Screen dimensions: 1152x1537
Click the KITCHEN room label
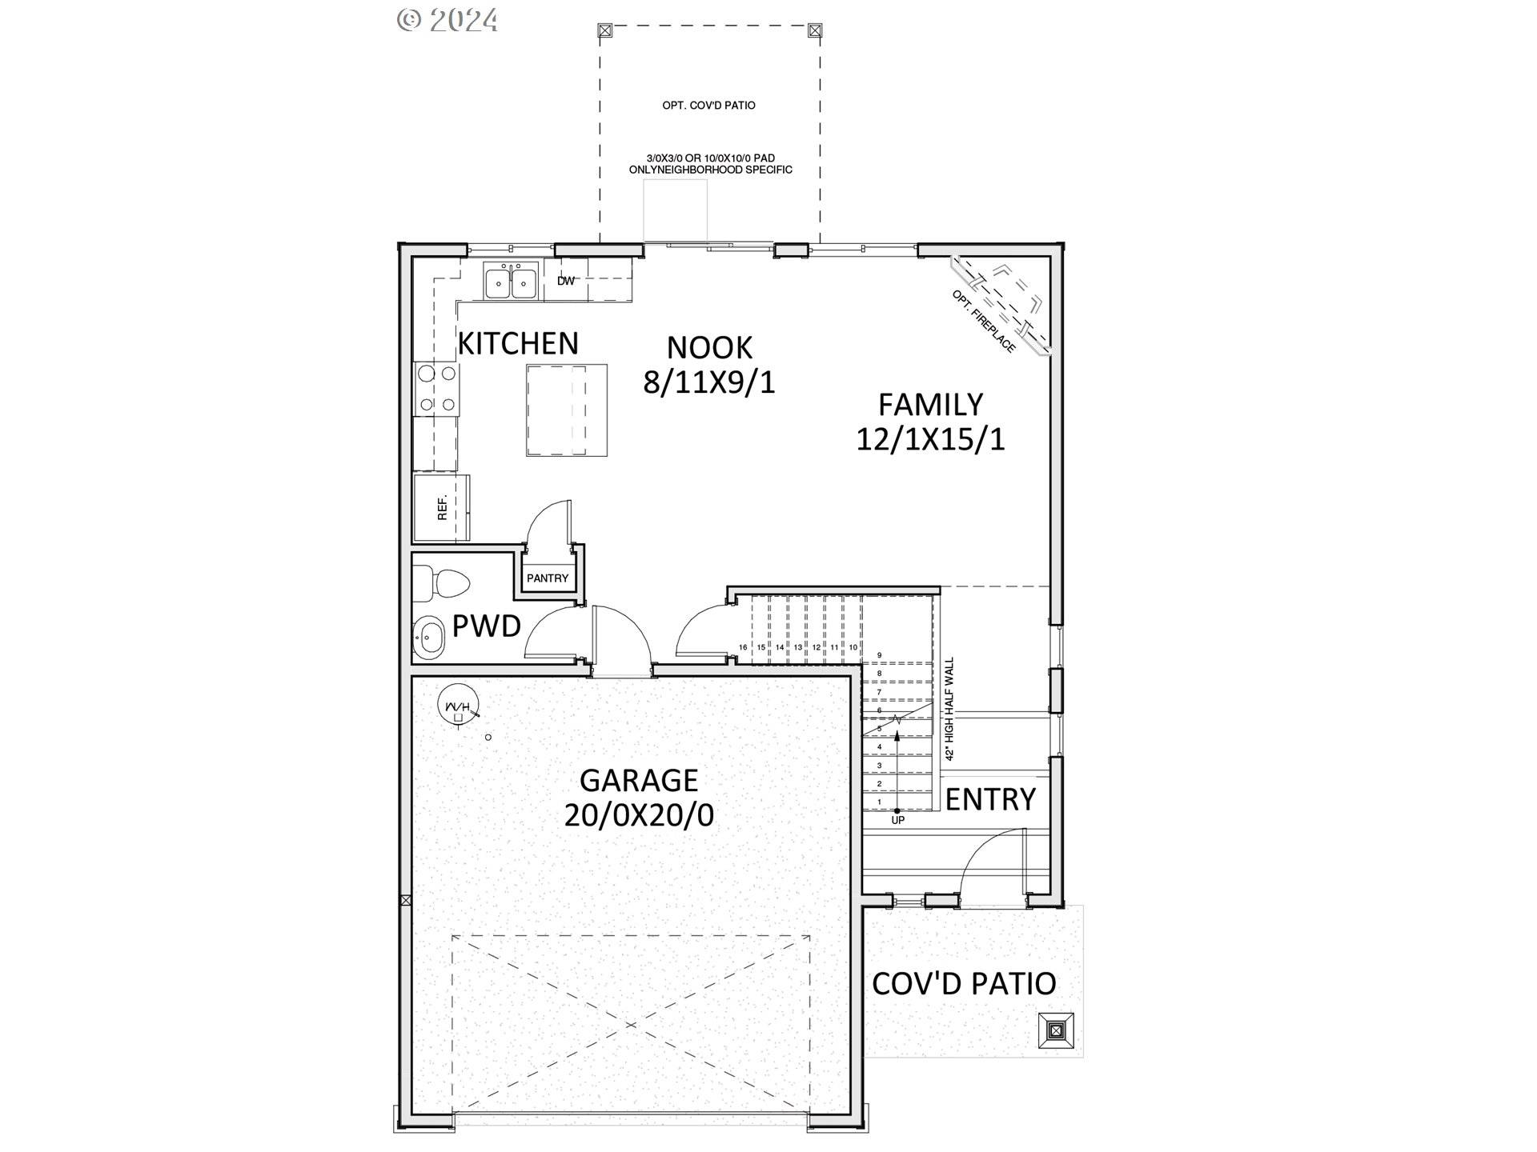pos(518,343)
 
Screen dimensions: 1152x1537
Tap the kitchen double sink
pos(511,282)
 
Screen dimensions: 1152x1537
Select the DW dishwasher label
pos(566,281)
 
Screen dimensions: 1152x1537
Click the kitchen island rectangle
pos(566,410)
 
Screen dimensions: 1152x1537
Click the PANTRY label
pos(548,578)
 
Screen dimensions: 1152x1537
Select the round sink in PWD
pos(429,638)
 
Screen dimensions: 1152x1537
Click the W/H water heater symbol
pos(458,707)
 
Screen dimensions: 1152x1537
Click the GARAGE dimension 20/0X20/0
pos(639,815)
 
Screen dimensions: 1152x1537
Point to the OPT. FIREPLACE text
pos(984,321)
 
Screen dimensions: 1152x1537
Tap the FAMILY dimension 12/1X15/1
pos(930,439)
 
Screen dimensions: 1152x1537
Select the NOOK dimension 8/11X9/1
pos(709,382)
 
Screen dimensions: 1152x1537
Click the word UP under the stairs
pos(898,820)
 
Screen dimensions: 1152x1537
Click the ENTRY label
pos(990,799)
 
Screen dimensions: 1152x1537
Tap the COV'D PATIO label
pos(964,984)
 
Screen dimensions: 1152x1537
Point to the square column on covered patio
pos(1056,1030)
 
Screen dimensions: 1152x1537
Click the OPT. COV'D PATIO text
pos(708,106)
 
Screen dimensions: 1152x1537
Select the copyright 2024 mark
pos(447,20)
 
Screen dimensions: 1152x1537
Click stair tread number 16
pos(743,647)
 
